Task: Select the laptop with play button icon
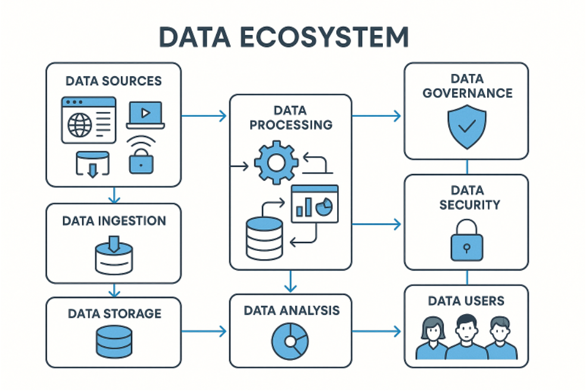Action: [x=145, y=114]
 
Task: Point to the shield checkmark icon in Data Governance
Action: [x=466, y=127]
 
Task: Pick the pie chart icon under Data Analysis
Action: [x=290, y=342]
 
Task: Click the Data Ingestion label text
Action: [x=114, y=221]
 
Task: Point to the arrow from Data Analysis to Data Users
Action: [x=377, y=331]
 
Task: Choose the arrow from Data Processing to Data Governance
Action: [x=377, y=116]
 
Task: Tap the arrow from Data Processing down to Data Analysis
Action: [x=290, y=281]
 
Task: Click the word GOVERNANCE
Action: [x=466, y=93]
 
